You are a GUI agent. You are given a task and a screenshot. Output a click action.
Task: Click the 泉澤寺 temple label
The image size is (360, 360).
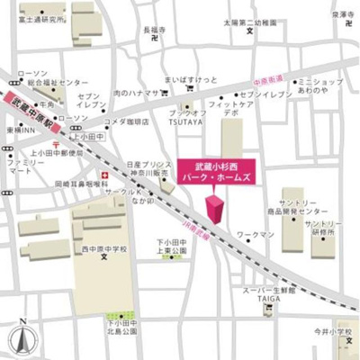point(343,15)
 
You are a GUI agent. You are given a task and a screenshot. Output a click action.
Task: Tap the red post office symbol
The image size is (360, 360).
point(56,144)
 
